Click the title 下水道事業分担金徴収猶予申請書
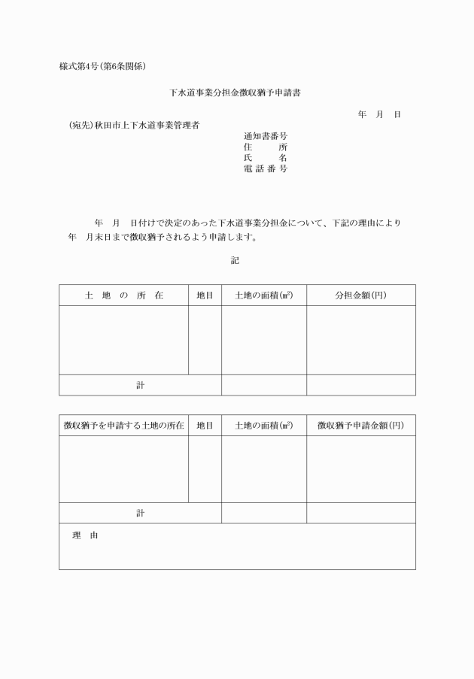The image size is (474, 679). tap(237, 93)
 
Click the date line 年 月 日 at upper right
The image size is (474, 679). tap(378, 114)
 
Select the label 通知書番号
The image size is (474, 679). tap(265, 136)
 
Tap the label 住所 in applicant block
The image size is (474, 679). tap(265, 147)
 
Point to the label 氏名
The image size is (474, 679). tap(265, 158)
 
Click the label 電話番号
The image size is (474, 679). tap(265, 169)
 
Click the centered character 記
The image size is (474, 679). tap(235, 261)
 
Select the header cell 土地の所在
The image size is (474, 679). tap(123, 296)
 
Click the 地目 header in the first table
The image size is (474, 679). tap(205, 296)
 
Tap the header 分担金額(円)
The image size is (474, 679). tap(360, 296)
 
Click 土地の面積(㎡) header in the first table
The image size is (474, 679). tap(263, 296)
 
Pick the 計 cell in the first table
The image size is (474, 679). tap(140, 385)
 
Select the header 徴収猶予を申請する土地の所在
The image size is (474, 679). tap(123, 426)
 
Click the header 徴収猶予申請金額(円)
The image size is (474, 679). tap(360, 426)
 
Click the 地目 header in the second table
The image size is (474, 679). tap(205, 426)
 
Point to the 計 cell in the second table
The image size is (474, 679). tap(140, 513)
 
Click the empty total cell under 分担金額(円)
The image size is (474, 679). tap(360, 385)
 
